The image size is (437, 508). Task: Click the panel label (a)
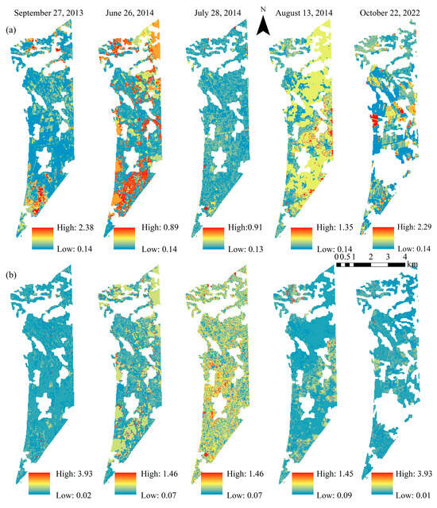click(12, 29)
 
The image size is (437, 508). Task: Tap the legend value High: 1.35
click(327, 227)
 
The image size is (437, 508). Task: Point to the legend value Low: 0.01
click(412, 497)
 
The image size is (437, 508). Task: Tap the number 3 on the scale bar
click(389, 257)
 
